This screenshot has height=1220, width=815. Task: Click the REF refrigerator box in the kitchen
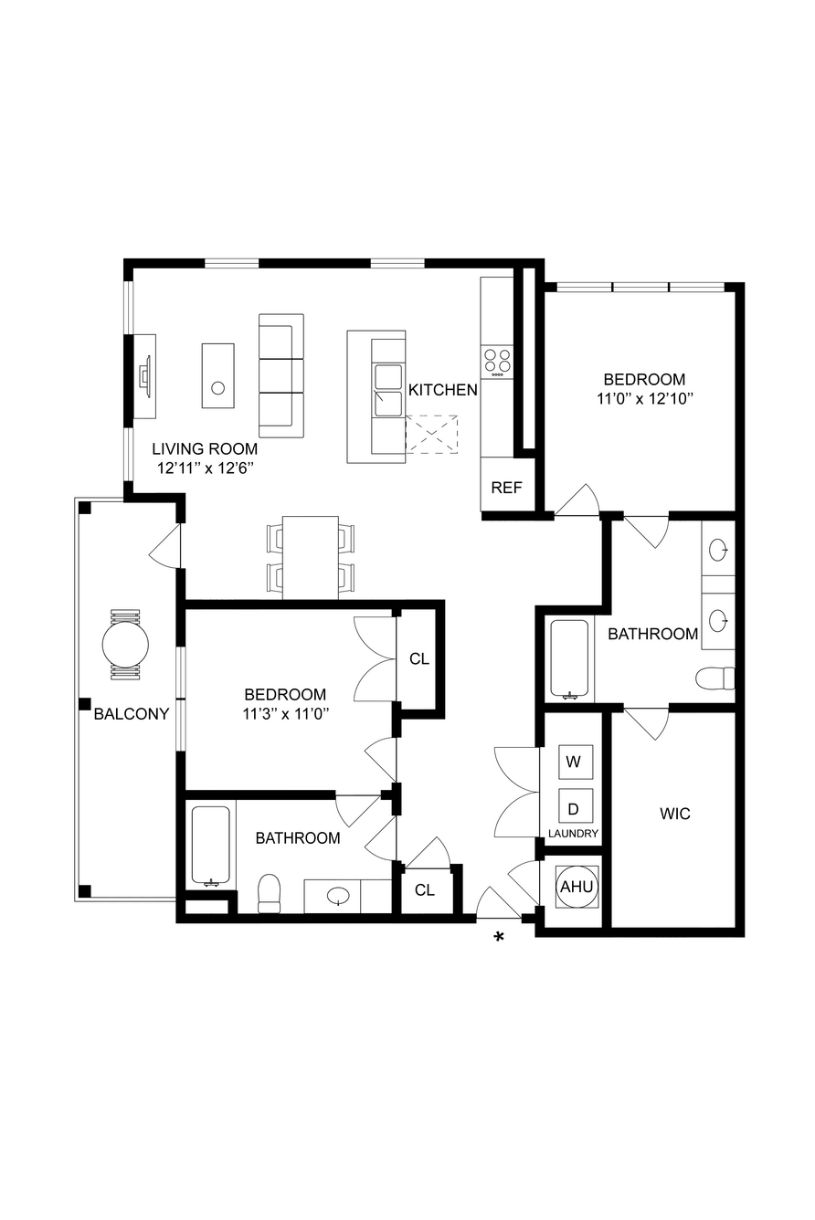tap(507, 484)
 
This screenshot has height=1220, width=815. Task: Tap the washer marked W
tap(576, 761)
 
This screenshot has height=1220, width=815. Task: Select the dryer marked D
tap(576, 809)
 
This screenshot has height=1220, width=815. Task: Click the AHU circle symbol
tap(577, 887)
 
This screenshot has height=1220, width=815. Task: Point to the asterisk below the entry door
tap(499, 937)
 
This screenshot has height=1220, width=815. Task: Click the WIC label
tap(675, 814)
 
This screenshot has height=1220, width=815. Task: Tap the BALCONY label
tap(132, 714)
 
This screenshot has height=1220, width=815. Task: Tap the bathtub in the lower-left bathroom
tap(211, 846)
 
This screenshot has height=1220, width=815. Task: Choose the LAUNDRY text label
tap(573, 834)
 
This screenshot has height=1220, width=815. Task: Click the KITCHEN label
tap(443, 390)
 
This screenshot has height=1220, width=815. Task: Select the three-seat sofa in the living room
tap(281, 375)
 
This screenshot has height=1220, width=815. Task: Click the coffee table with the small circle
tap(218, 375)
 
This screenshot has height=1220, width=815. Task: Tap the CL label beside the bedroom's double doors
tap(419, 659)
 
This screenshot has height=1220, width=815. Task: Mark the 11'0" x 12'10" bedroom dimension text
tap(644, 399)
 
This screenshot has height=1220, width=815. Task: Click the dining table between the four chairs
tap(311, 558)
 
